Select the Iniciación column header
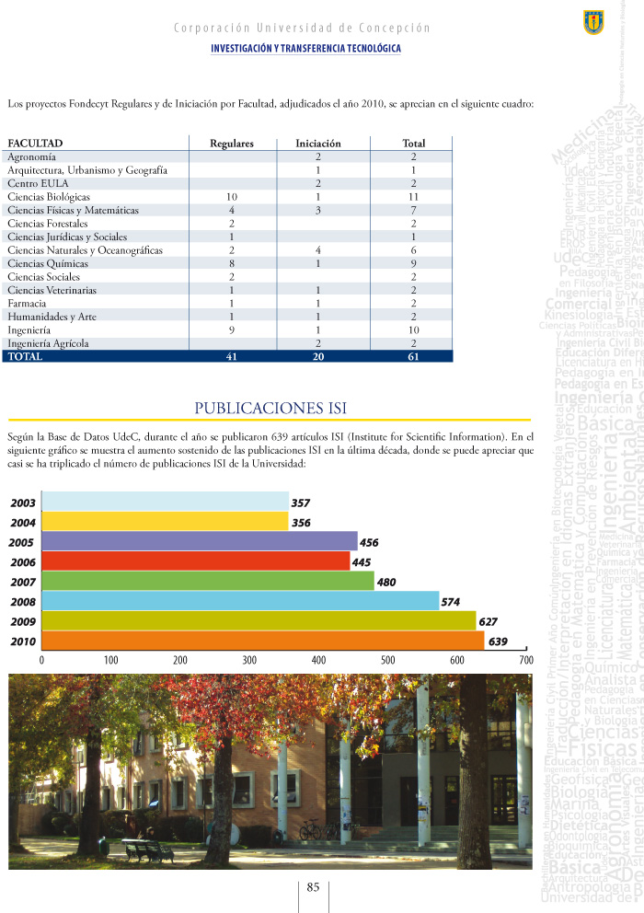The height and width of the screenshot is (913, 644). point(317,144)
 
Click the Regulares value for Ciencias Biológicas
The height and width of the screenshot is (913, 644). point(232,197)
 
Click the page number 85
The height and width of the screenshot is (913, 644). point(313,888)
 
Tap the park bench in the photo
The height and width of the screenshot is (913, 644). point(147,850)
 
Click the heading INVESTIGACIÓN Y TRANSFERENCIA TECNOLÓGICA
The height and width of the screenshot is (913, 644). point(305,48)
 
